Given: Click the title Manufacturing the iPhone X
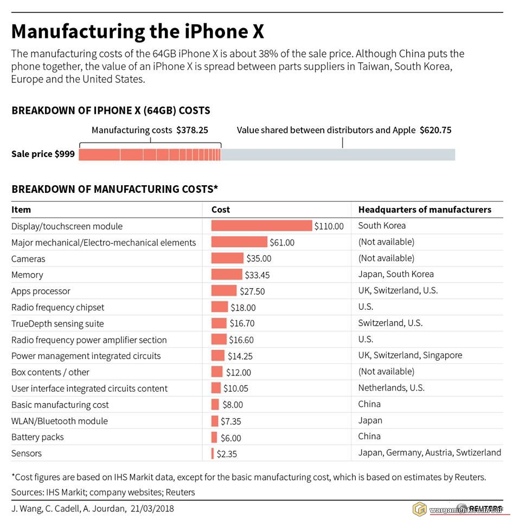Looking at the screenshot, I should click(x=138, y=31).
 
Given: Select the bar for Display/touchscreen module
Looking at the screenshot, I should click(x=261, y=226).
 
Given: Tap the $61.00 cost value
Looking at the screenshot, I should click(x=282, y=243).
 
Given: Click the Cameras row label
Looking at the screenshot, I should click(x=28, y=259).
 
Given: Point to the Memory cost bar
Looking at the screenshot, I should click(x=227, y=275).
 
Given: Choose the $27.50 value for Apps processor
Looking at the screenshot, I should click(x=252, y=291).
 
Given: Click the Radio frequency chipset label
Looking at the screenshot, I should click(x=57, y=308).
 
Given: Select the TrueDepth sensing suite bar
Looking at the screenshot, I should click(x=219, y=323).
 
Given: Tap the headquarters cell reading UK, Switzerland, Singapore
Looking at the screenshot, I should click(x=410, y=356).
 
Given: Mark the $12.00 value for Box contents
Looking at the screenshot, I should click(x=239, y=373).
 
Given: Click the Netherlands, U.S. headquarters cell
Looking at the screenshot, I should click(x=391, y=388).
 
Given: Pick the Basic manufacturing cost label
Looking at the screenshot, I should click(x=60, y=405).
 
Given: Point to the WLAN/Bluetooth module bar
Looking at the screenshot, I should click(x=215, y=421).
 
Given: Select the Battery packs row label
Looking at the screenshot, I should click(x=37, y=437).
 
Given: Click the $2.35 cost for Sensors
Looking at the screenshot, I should click(x=228, y=454).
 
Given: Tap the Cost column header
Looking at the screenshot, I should click(x=221, y=210).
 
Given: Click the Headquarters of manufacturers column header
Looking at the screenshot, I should click(x=425, y=210).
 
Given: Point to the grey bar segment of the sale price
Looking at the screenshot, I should click(x=338, y=154).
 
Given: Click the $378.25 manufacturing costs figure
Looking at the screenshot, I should click(x=192, y=130).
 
